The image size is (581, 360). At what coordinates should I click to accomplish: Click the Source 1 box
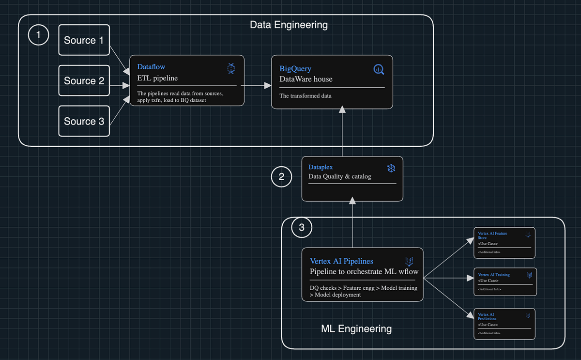(x=84, y=40)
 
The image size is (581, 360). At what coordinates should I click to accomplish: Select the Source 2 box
(x=84, y=80)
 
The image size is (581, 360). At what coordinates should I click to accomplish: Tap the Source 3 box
(x=84, y=121)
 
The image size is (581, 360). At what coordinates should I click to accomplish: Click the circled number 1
(x=38, y=35)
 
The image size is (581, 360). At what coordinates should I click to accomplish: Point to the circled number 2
(x=281, y=177)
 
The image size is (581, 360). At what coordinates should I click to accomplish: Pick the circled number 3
(x=302, y=227)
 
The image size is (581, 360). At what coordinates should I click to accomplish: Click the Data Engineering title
(x=289, y=24)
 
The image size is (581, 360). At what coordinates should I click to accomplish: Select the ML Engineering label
(x=356, y=329)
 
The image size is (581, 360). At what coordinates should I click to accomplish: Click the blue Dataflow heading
(x=151, y=67)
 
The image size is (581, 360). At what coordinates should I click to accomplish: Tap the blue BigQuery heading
(x=295, y=69)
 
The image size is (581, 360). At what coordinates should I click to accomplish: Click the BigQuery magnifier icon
(x=379, y=70)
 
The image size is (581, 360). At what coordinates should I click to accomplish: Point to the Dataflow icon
(x=231, y=68)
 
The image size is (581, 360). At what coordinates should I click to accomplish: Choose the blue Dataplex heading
(x=321, y=167)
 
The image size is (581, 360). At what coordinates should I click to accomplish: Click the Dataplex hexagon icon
(x=391, y=168)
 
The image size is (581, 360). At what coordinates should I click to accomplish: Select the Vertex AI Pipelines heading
(x=341, y=261)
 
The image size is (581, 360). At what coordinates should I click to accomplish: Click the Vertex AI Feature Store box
(x=504, y=243)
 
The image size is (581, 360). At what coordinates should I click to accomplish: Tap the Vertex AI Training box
(x=505, y=282)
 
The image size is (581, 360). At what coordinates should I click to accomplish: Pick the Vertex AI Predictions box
(x=504, y=323)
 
